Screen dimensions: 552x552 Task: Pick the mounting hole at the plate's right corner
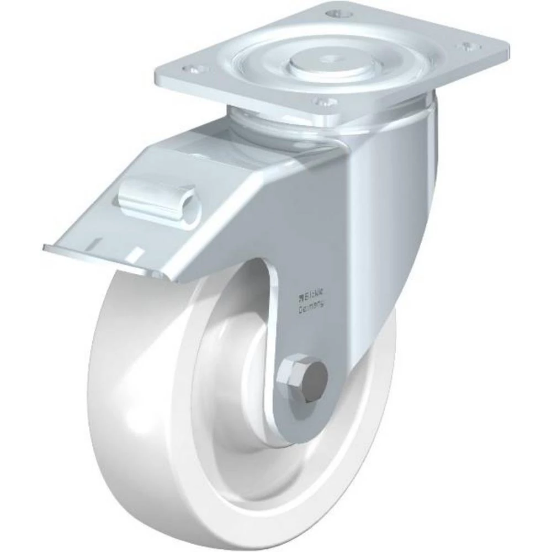(469, 45)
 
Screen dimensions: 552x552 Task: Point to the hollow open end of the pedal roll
(190, 208)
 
